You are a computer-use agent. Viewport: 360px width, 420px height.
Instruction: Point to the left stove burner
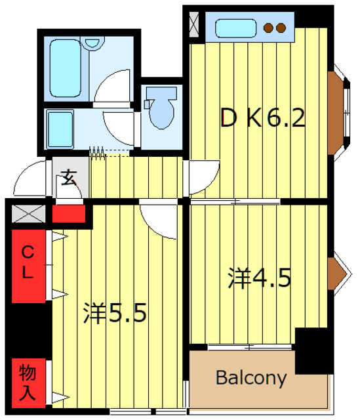269,28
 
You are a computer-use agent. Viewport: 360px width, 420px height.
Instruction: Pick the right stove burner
281,28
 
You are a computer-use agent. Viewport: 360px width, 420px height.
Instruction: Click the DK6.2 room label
263,119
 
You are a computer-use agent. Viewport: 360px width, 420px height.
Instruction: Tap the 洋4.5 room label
260,278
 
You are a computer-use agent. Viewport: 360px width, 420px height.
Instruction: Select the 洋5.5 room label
114,313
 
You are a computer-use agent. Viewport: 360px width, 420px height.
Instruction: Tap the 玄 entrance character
69,177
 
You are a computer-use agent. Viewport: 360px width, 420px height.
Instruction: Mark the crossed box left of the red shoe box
28,214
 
